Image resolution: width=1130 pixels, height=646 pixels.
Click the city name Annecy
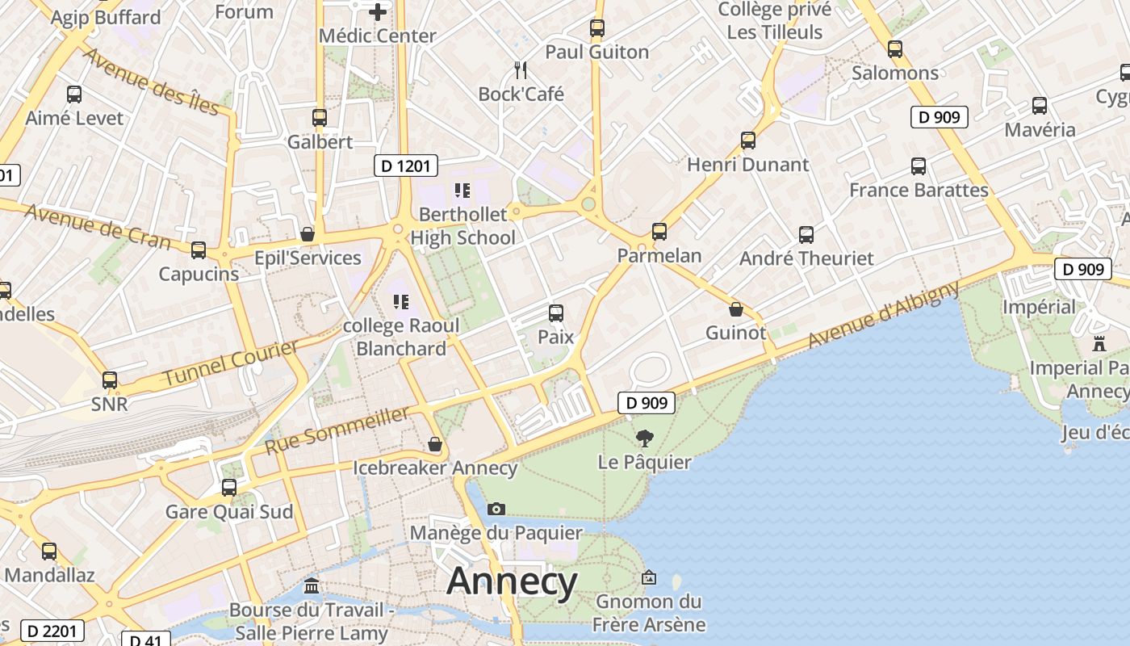(512, 582)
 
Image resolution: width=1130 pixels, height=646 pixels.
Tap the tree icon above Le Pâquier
(644, 438)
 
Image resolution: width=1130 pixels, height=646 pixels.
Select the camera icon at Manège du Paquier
(496, 509)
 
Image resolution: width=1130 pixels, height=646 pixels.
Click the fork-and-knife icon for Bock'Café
(521, 70)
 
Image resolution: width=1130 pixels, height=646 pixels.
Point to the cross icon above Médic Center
(377, 12)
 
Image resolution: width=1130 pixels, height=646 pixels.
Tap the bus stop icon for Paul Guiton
(596, 28)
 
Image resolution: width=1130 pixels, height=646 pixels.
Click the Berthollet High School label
(462, 226)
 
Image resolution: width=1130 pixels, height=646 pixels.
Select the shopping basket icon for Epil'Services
(308, 234)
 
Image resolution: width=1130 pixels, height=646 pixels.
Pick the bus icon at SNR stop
(109, 380)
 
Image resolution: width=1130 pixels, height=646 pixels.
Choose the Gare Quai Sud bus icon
(229, 488)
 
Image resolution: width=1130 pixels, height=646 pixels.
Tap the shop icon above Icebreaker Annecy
(435, 444)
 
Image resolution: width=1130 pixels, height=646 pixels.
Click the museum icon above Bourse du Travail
(312, 585)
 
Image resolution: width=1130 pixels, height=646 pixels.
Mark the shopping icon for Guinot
(735, 309)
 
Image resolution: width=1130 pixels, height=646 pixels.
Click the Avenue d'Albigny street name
(883, 314)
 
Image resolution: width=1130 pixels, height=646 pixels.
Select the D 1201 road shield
(406, 166)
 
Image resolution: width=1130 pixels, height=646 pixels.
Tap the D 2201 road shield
(52, 630)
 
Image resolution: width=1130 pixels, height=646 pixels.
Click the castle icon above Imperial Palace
(1099, 344)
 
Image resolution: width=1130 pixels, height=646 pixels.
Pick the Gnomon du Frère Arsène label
(649, 613)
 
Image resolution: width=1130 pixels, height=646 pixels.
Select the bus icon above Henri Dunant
(748, 141)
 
